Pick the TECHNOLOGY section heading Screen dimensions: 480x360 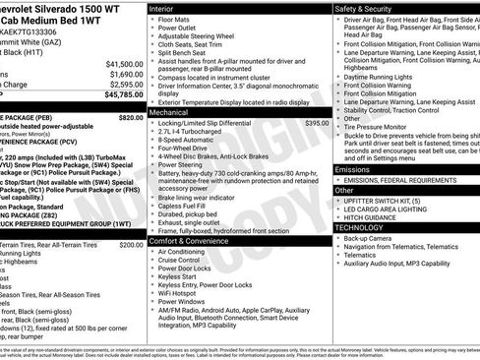click(359, 227)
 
